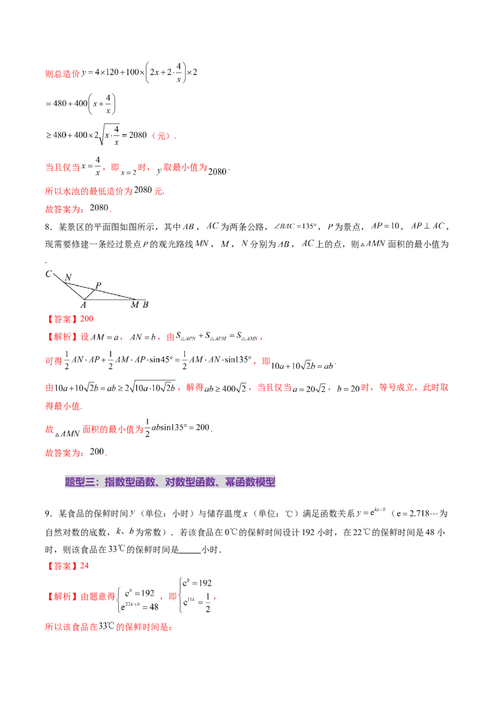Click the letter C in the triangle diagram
tap(48, 274)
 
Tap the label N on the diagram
tap(68, 277)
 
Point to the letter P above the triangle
tap(98, 286)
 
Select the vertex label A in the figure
tap(83, 305)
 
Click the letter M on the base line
tap(134, 305)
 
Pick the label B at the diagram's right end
tap(145, 305)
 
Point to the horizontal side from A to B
tap(112, 299)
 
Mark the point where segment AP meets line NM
tap(94, 289)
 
